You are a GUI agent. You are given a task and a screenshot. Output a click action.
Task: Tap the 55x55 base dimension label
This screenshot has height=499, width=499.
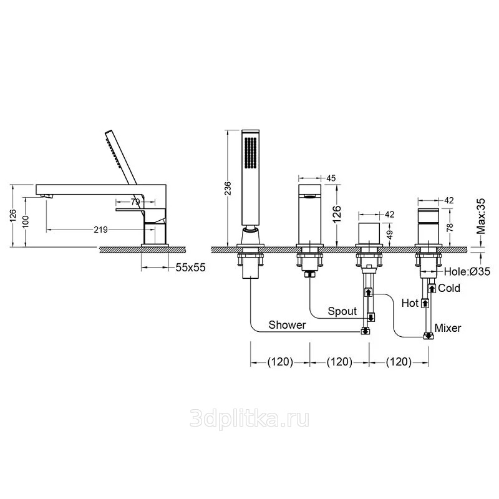point(191,268)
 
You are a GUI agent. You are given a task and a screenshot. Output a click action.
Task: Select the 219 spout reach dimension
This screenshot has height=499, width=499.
point(100,230)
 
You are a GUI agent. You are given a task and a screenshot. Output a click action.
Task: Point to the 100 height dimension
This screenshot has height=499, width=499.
point(26,221)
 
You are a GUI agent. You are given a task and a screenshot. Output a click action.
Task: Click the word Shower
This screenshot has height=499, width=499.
point(287,325)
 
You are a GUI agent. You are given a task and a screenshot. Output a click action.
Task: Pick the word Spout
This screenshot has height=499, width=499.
point(342,311)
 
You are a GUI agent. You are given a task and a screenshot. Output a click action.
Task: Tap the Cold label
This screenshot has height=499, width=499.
point(449,288)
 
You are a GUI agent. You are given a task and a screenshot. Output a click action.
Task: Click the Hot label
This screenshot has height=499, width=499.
point(410,303)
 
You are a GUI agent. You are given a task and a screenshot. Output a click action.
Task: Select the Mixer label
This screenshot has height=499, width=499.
point(448,328)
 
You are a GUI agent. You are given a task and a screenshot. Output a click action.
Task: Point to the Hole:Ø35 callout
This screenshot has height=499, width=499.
point(467,271)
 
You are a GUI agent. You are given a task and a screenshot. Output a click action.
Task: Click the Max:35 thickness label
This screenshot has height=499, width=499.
point(482,216)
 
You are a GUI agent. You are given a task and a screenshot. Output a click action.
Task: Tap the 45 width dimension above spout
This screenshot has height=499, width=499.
point(331,178)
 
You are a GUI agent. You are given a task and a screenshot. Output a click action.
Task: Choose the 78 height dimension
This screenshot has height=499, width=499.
point(450,227)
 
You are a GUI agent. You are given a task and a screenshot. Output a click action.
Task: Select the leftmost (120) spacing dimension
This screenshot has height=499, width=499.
point(280,362)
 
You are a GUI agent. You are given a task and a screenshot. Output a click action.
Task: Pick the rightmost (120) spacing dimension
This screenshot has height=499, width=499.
point(399,362)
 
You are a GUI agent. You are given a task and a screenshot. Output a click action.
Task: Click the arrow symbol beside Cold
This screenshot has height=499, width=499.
point(432,289)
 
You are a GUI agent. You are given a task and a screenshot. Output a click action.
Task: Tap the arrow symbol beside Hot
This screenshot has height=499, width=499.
point(425,303)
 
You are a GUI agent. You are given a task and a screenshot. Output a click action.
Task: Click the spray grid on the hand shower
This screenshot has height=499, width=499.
point(251,152)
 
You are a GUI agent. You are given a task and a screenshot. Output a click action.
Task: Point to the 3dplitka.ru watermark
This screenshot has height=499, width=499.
point(249,419)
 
